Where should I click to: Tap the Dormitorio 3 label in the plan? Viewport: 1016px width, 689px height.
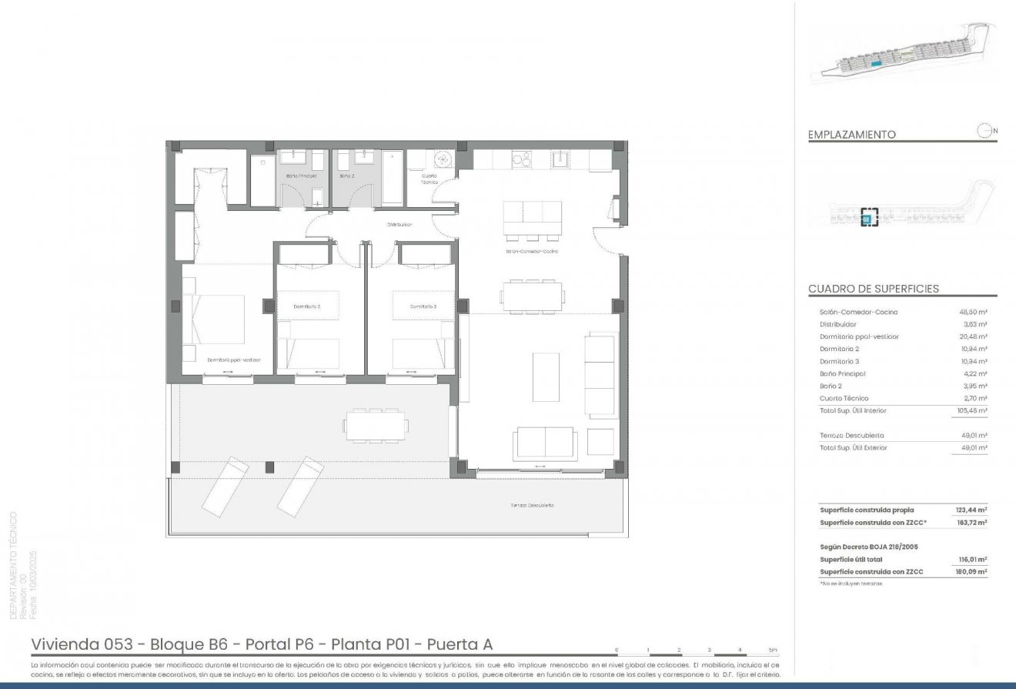coord(423,306)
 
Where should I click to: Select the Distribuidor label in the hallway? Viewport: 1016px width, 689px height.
coord(400,225)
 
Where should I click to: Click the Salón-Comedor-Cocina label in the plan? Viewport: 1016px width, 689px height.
coord(531,252)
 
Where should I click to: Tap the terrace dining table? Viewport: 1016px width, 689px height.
coord(376,426)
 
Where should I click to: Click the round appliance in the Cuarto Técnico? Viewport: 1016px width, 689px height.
coord(443,159)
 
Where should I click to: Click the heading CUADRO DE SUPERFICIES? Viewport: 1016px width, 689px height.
coord(873,289)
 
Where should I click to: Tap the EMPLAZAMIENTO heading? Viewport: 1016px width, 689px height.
coord(851,134)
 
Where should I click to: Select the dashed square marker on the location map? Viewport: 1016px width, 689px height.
coord(869,216)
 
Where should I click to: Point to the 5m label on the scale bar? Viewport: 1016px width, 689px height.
coord(772,651)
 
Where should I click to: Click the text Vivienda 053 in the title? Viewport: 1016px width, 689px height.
coord(79,644)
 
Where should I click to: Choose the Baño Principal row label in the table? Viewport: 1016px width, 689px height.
coord(842,373)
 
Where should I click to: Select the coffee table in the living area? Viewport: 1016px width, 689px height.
coord(546,376)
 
